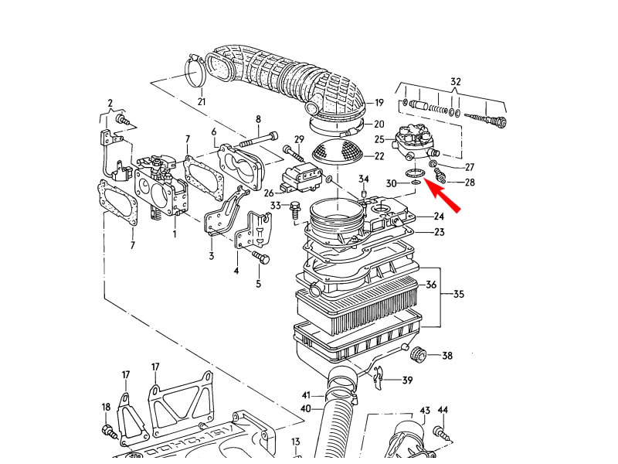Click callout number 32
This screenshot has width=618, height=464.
pyautogui.click(x=455, y=81)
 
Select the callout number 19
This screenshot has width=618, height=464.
pyautogui.click(x=379, y=102)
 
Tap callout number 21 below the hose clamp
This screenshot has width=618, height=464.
pyautogui.click(x=202, y=101)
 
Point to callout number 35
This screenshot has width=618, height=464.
pyautogui.click(x=458, y=294)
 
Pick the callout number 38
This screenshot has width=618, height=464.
pyautogui.click(x=447, y=356)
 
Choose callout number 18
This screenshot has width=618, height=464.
pyautogui.click(x=107, y=407)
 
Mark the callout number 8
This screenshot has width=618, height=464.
pyautogui.click(x=258, y=119)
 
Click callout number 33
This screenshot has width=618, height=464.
pyautogui.click(x=276, y=205)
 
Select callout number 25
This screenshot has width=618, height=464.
pyautogui.click(x=379, y=140)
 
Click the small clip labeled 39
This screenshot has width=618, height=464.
pyautogui.click(x=377, y=377)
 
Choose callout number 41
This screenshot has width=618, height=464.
pyautogui.click(x=306, y=395)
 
